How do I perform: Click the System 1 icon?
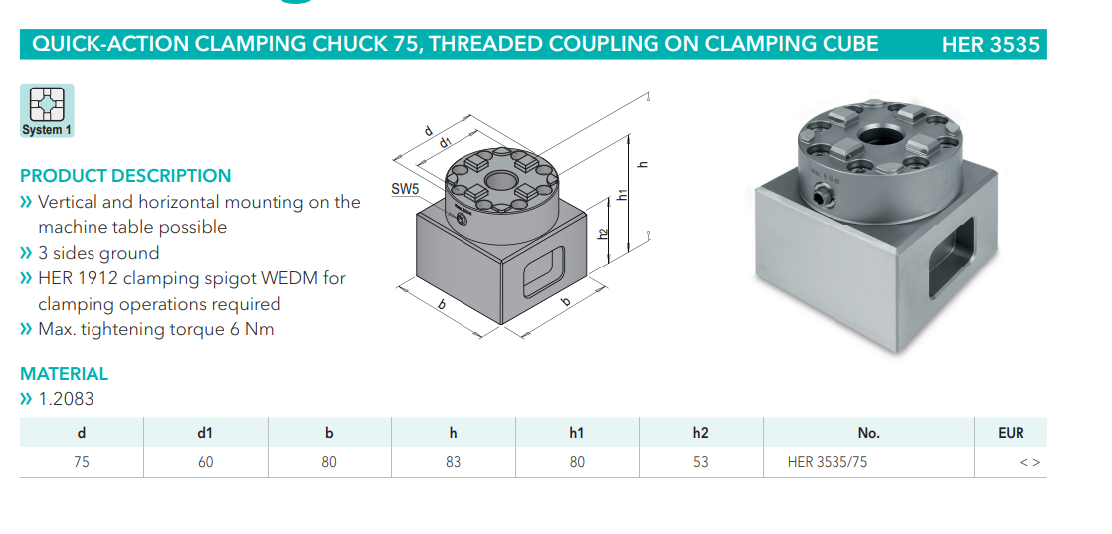coord(47,110)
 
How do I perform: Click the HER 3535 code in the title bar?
coord(991,45)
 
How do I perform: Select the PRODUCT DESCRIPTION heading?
coord(125,176)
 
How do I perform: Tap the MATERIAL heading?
coord(64,374)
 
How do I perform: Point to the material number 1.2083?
coord(66,399)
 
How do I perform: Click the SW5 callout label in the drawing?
coord(405,189)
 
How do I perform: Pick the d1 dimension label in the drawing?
coord(446,142)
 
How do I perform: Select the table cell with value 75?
coord(82,462)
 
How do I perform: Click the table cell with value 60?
coord(206,462)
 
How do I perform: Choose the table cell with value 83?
coord(454,462)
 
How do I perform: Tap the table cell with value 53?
coord(700,462)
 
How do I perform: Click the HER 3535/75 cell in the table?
coord(827,462)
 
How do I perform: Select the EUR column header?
coord(1011,432)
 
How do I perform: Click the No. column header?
coord(868,432)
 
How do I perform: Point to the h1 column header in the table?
coord(577,432)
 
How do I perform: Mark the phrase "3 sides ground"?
coord(98,253)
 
